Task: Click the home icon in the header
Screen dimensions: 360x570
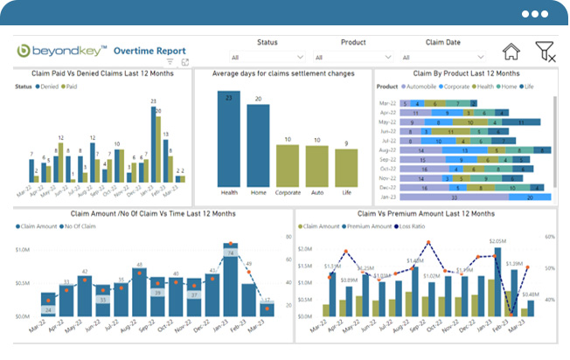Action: point(511,52)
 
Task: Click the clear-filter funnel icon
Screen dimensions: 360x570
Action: point(544,52)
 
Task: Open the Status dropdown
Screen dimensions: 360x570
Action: point(267,58)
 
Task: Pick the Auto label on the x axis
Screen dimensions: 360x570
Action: point(316,192)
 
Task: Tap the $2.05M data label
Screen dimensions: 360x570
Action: point(497,240)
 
